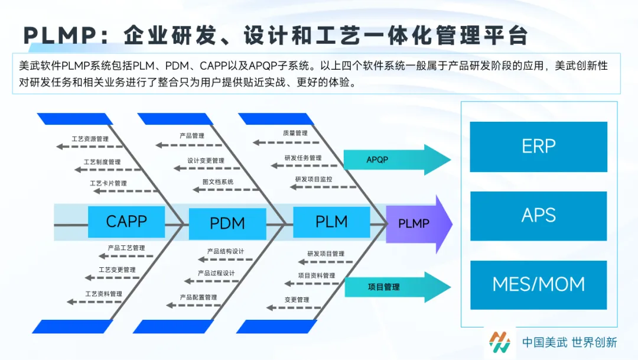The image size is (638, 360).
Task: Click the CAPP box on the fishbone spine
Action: click(126, 222)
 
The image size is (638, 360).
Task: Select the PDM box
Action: click(227, 223)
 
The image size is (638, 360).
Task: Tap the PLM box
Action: click(331, 222)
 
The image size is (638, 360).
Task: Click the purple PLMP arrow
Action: click(419, 224)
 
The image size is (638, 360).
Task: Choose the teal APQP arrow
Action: click(397, 160)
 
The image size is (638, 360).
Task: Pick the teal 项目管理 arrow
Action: click(398, 287)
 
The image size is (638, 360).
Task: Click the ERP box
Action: click(538, 147)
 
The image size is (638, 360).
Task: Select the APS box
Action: click(538, 216)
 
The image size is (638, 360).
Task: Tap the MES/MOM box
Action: click(538, 285)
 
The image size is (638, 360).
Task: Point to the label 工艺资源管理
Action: click(90, 139)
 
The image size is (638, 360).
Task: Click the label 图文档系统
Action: click(217, 181)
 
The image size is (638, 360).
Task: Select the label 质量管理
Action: click(295, 133)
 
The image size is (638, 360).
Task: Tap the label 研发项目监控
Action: click(313, 179)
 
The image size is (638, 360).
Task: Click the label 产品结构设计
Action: click(226, 251)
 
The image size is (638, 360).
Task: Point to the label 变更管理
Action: click(297, 300)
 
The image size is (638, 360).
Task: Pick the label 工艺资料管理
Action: click(103, 294)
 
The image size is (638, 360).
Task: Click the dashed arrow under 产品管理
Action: click(189, 145)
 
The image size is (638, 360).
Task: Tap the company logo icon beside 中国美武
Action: click(500, 342)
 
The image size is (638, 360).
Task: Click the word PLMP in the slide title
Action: click(60, 35)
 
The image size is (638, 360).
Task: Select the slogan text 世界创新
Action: click(594, 342)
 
